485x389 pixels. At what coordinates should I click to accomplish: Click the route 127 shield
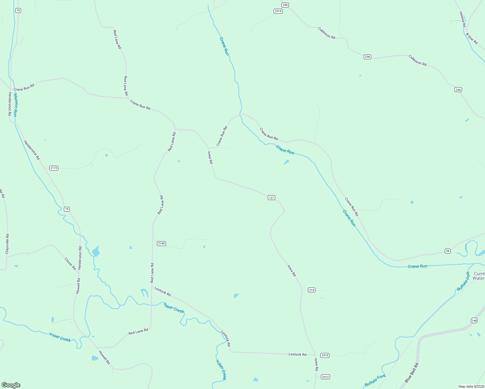[x=271, y=198]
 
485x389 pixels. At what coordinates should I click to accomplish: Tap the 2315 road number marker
[x=278, y=11]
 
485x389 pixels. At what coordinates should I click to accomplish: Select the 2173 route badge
[x=54, y=168]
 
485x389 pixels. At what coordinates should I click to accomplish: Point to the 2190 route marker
[x=161, y=243]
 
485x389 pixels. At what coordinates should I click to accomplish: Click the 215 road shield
[x=312, y=290]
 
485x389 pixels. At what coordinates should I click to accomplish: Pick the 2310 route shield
[x=325, y=356]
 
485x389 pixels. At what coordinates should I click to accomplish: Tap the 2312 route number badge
[x=325, y=377]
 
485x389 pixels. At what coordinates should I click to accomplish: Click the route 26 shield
[x=448, y=251]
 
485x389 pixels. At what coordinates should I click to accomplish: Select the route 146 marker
[x=474, y=321]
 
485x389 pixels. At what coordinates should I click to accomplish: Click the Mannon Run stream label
[x=15, y=105]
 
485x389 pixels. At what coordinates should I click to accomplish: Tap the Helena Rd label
[x=463, y=19]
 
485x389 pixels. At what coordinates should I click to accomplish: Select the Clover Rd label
[x=70, y=264]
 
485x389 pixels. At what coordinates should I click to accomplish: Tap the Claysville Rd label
[x=7, y=244]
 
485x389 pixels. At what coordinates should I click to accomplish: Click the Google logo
[x=11, y=385]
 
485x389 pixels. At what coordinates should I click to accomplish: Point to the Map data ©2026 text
[x=471, y=386]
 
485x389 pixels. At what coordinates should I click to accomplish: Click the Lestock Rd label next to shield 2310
[x=297, y=355]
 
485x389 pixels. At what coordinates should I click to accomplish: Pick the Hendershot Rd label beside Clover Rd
[x=80, y=258]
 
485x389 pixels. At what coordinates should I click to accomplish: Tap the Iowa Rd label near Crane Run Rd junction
[x=210, y=157]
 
